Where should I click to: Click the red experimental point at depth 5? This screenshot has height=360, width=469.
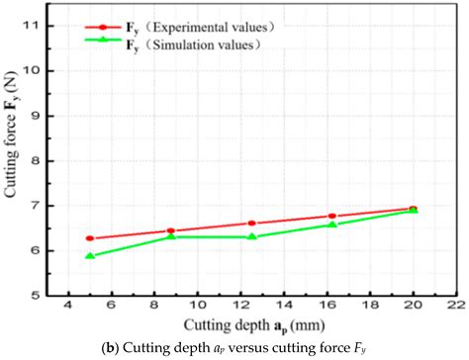90,238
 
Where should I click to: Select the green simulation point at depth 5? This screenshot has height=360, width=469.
90,256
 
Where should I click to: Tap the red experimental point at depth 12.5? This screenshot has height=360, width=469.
252,224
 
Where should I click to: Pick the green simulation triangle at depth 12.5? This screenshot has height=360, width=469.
252,236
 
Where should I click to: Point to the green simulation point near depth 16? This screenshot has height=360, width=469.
332,225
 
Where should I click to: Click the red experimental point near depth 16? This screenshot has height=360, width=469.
332,216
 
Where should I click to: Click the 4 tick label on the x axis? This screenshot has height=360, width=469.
68,307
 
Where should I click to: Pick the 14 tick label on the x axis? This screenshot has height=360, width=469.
283,307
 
